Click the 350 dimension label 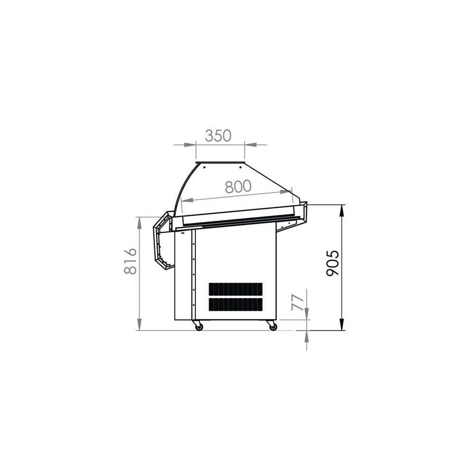[218, 136]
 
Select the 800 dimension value [238, 186]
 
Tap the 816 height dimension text [131, 261]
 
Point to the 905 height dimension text [333, 263]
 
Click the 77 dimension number [298, 301]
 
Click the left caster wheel [199, 327]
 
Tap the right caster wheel [273, 327]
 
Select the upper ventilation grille [236, 290]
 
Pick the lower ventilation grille [236, 305]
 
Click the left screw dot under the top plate [204, 167]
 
